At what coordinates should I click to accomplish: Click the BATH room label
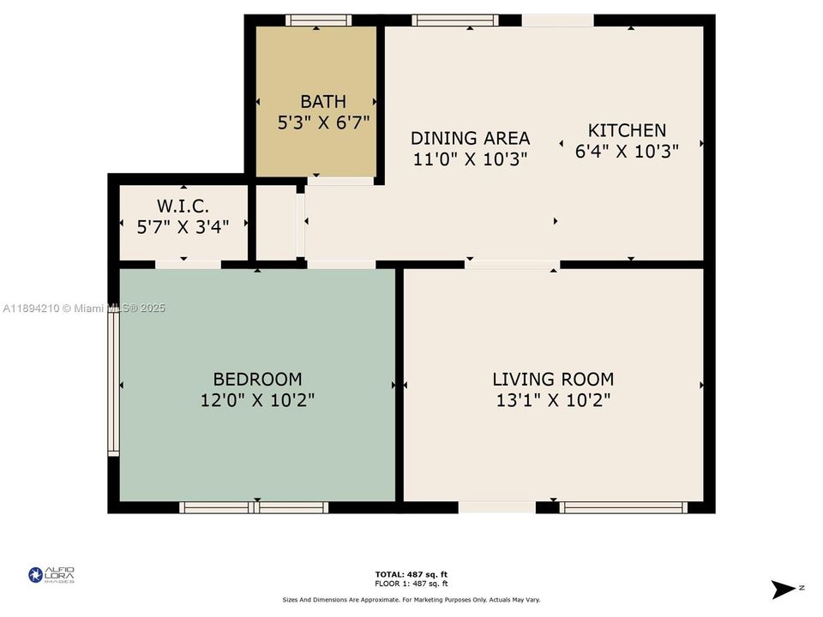tap(323, 102)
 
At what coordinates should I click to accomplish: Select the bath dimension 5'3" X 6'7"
tap(323, 123)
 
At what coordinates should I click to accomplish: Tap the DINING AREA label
tap(470, 138)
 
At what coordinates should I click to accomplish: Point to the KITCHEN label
tap(626, 130)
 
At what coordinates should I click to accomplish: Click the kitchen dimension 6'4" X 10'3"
tap(626, 151)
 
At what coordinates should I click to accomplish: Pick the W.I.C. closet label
tap(183, 206)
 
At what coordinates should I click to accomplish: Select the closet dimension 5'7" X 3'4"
tap(183, 226)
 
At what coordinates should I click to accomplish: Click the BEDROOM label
tap(257, 379)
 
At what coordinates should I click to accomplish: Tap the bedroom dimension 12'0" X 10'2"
tap(257, 399)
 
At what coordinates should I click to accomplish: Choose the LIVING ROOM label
tap(553, 379)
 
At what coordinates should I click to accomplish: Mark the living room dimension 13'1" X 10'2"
tap(553, 399)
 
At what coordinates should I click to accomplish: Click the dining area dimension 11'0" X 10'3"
tap(470, 159)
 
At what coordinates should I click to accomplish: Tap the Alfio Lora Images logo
tap(51, 575)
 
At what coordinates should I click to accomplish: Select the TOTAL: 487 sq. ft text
tap(411, 574)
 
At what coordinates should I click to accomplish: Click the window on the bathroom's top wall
tap(318, 21)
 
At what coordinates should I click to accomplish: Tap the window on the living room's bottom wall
tap(623, 507)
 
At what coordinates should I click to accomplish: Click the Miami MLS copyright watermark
tap(84, 308)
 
